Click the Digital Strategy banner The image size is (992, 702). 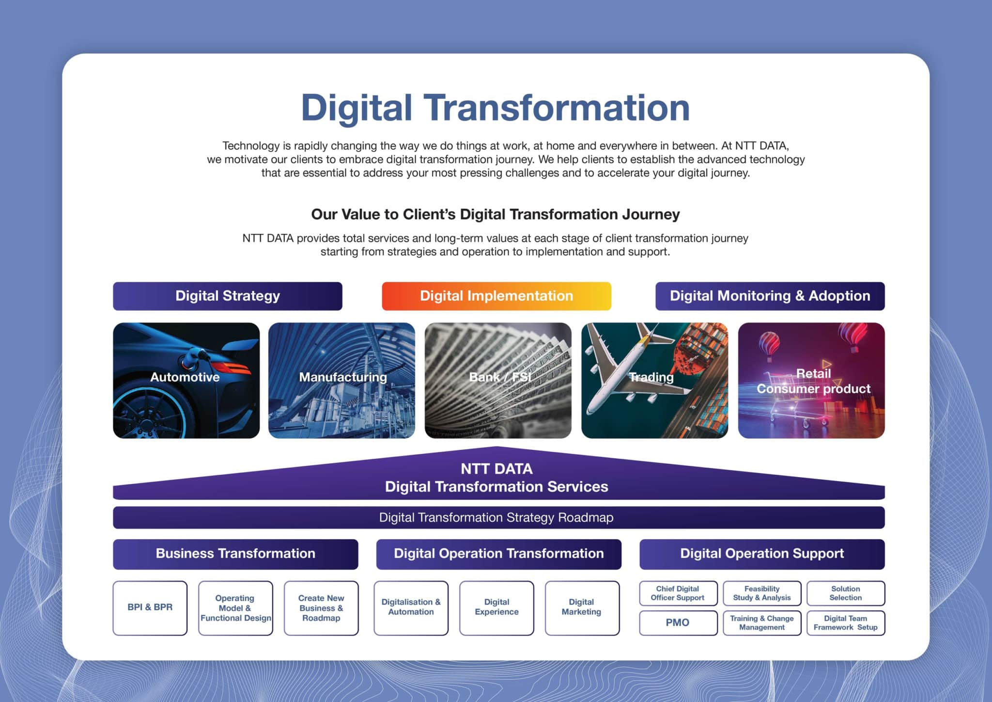tap(228, 296)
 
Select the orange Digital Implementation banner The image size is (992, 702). tap(496, 296)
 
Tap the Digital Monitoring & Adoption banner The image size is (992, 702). tap(770, 296)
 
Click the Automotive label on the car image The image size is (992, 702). tap(185, 377)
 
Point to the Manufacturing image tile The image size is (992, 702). tap(341, 381)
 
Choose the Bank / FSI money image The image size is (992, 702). tap(498, 381)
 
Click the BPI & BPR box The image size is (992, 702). tap(150, 608)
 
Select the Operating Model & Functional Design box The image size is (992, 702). tap(235, 608)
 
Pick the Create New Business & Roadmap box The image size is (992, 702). tap(321, 608)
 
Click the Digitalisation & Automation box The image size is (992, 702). tap(411, 608)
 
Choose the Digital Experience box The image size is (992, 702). tap(496, 608)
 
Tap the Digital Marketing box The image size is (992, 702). tap(582, 608)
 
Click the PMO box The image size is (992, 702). tap(678, 623)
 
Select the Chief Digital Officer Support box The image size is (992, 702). tap(678, 593)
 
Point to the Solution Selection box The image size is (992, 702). tap(846, 593)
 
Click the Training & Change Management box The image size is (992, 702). tap(762, 623)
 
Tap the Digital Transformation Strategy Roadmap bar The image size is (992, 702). tap(499, 518)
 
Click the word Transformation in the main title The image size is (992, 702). tap(557, 108)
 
